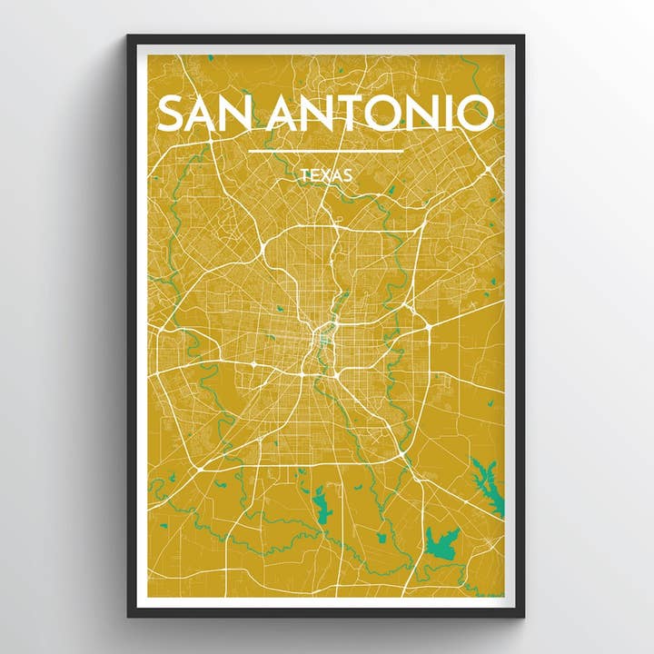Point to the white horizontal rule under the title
pos(325,151)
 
